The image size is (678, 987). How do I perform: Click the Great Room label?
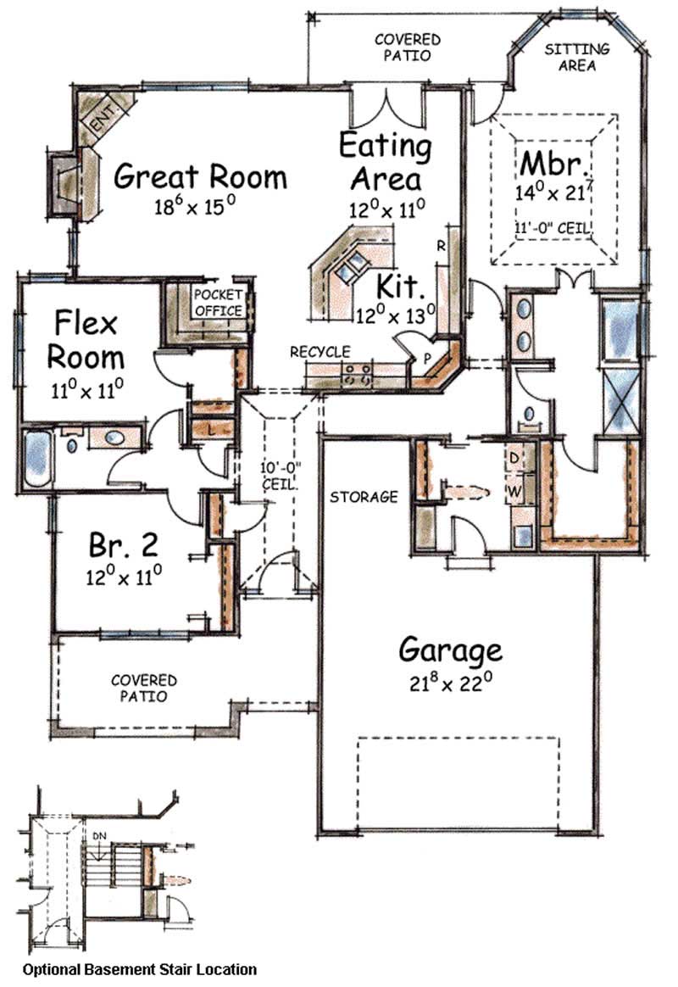click(200, 177)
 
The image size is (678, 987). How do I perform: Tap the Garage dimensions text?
click(450, 684)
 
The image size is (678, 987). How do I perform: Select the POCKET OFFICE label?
click(219, 303)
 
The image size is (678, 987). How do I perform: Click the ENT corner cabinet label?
click(103, 118)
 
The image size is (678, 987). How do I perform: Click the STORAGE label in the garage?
click(364, 497)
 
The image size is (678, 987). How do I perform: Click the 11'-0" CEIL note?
click(553, 227)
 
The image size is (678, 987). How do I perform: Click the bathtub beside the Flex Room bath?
click(37, 457)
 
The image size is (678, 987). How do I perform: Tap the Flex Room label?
click(89, 338)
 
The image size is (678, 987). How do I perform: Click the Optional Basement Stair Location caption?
click(139, 968)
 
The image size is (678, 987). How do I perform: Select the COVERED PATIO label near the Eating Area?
click(408, 47)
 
